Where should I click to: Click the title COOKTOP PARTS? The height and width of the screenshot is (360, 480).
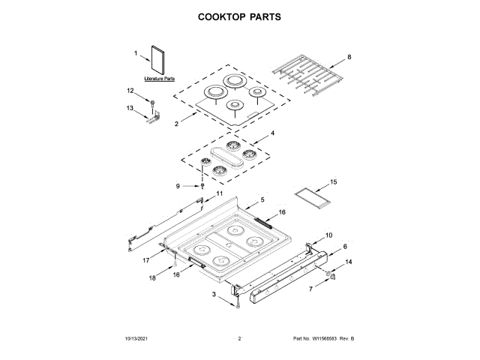point(239,16)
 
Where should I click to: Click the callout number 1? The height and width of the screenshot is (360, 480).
point(136,53)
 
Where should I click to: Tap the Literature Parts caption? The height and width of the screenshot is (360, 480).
point(160,78)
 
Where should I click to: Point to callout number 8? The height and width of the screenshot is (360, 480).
point(349,57)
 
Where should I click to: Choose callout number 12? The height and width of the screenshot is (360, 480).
point(130,91)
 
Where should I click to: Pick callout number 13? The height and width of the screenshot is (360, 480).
point(130,108)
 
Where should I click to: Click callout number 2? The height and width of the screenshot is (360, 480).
point(176,124)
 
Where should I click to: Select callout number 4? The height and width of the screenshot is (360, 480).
point(272,134)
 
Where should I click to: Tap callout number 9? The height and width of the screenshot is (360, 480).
point(177,185)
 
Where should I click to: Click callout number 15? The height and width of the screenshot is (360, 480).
point(334,181)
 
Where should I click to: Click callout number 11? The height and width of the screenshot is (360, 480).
point(220,193)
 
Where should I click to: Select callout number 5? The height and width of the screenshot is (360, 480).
point(262,200)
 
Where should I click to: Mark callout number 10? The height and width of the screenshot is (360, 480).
point(328,235)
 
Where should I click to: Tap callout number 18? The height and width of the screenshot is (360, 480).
point(152,278)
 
